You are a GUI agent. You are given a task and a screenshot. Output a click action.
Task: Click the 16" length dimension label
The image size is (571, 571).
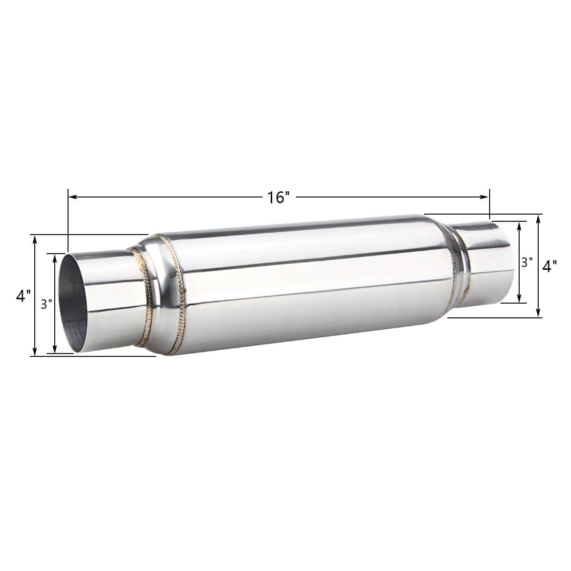coord(278,197)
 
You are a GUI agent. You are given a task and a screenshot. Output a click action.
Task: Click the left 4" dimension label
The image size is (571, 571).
coord(23,295)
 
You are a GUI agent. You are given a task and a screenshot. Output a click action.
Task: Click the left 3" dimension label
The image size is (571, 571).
coord(47,304)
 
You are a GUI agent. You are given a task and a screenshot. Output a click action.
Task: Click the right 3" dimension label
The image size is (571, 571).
coord(527,262)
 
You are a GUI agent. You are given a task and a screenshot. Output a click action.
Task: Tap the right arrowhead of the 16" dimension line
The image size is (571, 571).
coord(484,197)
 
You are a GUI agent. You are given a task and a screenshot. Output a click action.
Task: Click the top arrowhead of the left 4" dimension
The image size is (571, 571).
coord(35,240)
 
